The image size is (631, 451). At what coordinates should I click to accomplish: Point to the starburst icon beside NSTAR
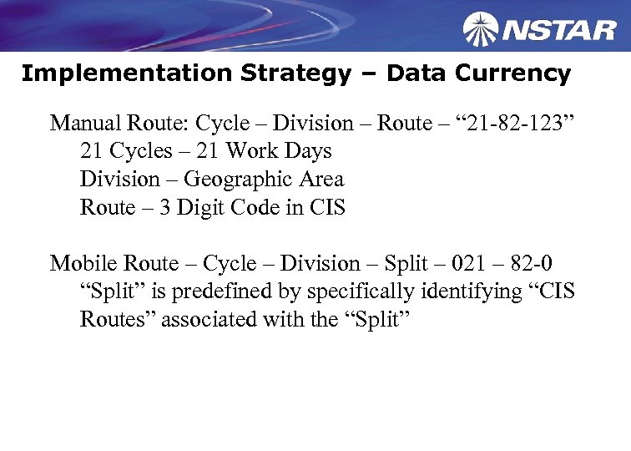(x=481, y=30)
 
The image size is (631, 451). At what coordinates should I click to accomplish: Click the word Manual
(x=85, y=124)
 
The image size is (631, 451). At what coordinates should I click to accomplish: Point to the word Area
(x=320, y=180)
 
